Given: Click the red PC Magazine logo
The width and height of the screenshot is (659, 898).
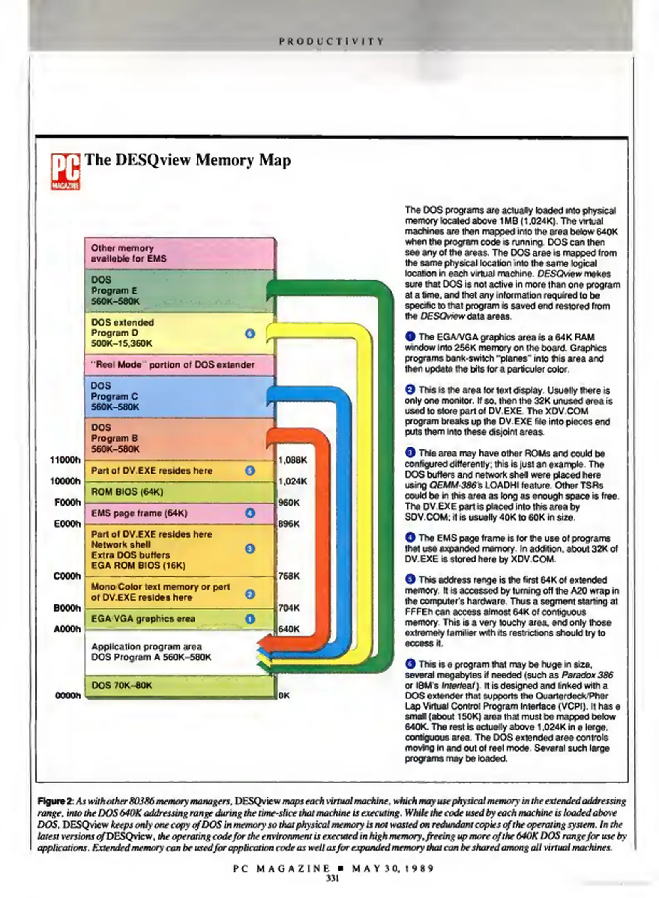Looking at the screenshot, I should click(x=65, y=171).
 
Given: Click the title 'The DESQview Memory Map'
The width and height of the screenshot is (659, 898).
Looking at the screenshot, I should click(x=188, y=160).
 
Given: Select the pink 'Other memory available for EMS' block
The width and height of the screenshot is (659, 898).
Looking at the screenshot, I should click(x=179, y=253).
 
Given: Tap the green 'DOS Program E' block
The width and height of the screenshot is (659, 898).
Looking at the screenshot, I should click(x=179, y=291).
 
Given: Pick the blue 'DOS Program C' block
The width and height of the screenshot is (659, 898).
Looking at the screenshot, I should click(x=179, y=396).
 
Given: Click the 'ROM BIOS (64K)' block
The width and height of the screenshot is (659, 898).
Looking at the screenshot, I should click(x=179, y=492).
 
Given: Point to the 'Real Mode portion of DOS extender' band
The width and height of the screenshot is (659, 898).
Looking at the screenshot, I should click(x=179, y=365).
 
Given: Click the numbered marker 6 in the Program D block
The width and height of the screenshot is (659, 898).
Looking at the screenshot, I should click(x=250, y=333).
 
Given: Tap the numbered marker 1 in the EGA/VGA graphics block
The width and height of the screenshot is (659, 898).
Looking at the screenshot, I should click(x=250, y=619).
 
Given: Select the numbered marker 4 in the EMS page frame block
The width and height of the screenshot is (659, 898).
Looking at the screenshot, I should click(x=250, y=513).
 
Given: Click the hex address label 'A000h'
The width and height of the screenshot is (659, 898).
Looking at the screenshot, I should click(x=67, y=629).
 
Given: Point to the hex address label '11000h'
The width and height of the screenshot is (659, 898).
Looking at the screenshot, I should click(x=65, y=460).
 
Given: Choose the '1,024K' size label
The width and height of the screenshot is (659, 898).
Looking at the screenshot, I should click(x=293, y=481).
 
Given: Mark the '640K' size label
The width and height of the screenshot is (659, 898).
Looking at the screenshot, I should click(x=289, y=629).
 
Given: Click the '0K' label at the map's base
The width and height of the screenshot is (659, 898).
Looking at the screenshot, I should click(x=284, y=696).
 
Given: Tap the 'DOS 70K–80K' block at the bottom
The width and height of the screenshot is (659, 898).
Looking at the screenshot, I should click(x=179, y=686).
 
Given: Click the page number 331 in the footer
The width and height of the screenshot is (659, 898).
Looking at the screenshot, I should click(x=333, y=878).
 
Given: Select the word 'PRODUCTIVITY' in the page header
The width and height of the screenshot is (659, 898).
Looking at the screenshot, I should click(x=331, y=42).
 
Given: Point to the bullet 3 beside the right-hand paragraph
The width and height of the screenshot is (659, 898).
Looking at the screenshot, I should click(x=410, y=452).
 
